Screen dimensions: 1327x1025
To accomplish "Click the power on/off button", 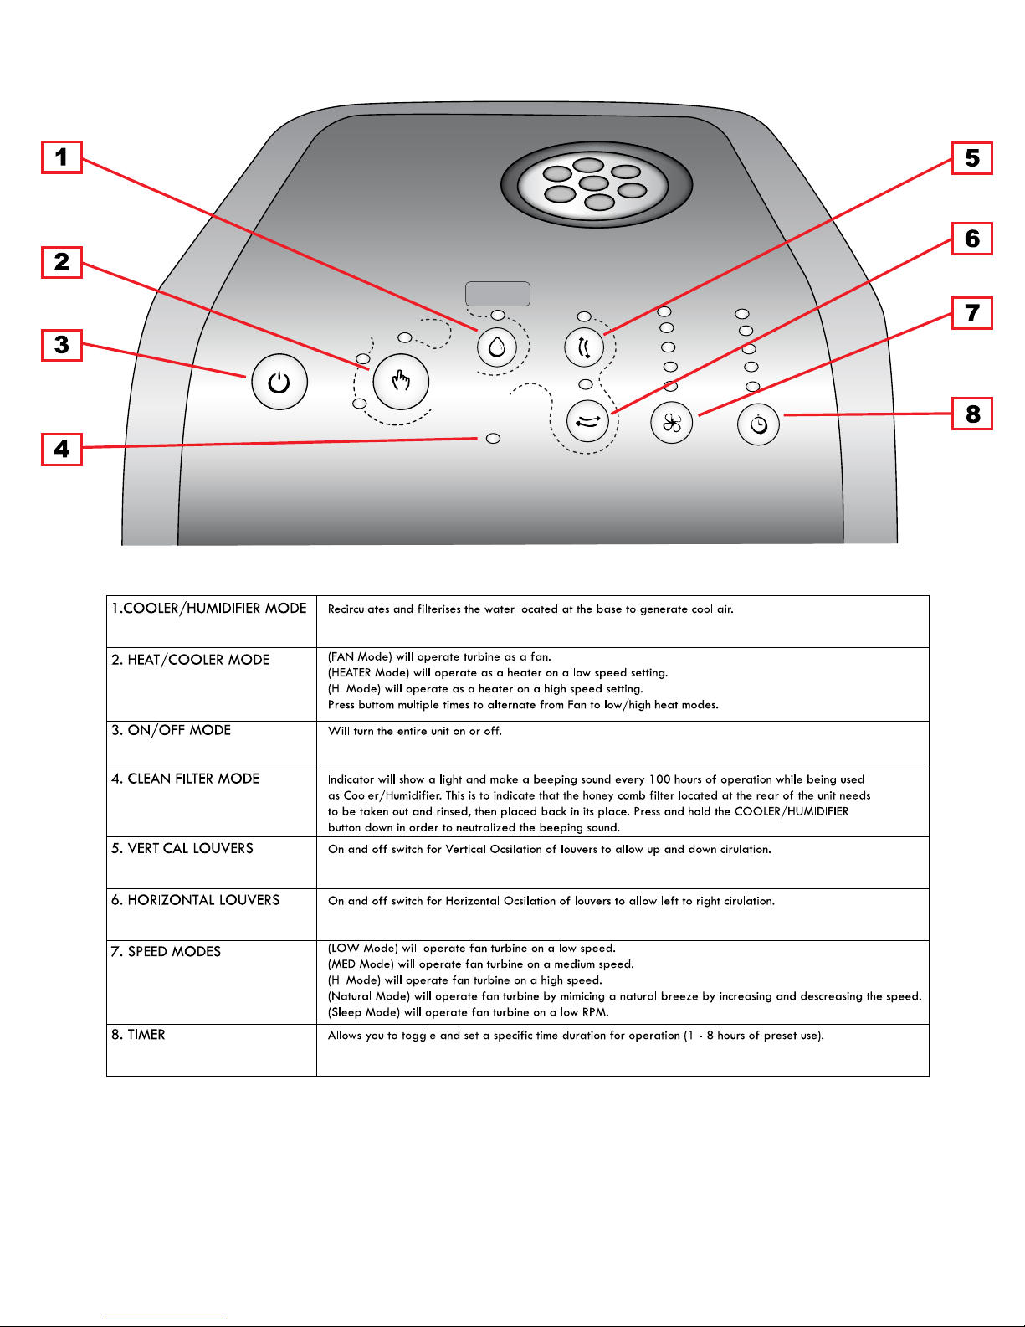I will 279,383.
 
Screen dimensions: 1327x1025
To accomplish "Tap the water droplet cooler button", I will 497,346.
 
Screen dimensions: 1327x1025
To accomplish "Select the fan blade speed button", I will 672,423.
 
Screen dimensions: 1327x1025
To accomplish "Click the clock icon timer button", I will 758,424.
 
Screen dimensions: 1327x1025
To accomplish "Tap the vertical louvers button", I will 584,347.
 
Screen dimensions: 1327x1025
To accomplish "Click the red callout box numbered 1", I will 62,157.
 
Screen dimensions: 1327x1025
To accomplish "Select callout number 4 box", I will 62,449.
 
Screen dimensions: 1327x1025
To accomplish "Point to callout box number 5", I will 971,158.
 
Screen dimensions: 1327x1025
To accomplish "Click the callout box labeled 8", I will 972,414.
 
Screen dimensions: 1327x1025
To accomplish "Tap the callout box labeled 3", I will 62,345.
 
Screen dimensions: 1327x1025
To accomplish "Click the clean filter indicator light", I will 493,438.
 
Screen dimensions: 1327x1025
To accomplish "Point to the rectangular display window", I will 497,294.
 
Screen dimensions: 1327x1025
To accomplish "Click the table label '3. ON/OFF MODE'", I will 171,730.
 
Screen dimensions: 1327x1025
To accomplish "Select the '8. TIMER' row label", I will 138,1035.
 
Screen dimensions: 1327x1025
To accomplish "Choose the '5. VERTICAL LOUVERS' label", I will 182,848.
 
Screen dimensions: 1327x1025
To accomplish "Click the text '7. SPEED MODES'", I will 166,952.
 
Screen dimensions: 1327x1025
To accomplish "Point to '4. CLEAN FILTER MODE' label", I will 185,779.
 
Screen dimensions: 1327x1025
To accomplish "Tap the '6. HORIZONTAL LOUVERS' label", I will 195,900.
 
